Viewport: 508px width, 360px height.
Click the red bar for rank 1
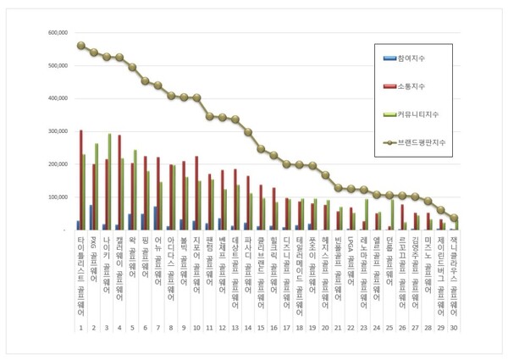coord(80,180)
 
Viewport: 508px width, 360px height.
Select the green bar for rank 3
coord(110,182)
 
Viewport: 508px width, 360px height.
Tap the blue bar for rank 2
coord(90,217)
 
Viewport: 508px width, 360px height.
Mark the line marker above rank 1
coord(80,46)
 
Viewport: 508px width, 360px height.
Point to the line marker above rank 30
coord(454,218)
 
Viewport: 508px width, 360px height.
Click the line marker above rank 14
coord(248,131)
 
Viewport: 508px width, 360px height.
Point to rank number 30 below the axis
coord(454,327)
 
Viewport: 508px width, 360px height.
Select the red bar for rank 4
coord(119,183)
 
